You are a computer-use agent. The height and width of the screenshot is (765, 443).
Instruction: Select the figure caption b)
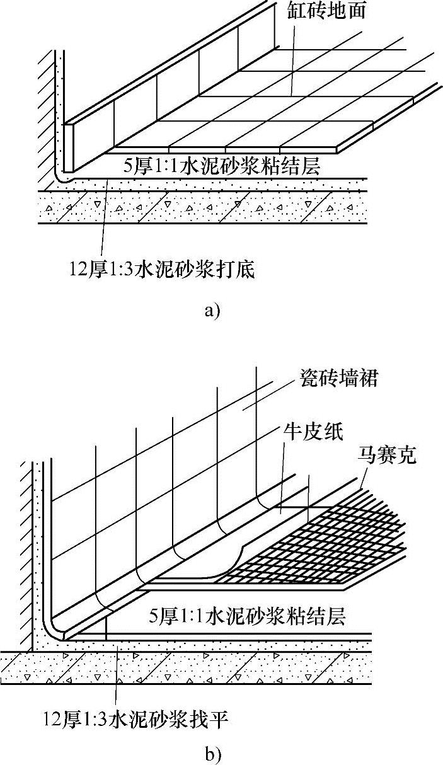[x=212, y=753]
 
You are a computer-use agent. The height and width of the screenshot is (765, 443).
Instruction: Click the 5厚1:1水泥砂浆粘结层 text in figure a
[x=222, y=167]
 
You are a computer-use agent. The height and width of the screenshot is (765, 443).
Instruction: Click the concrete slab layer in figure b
[x=189, y=668]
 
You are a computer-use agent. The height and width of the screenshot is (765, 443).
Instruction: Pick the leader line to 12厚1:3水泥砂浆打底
[x=105, y=221]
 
